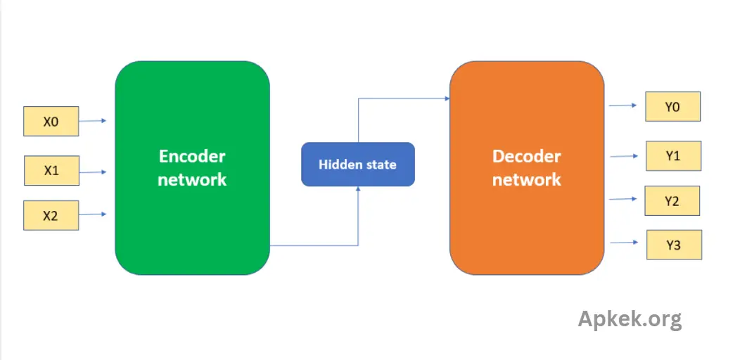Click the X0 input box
51,121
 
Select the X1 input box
51,170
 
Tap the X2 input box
51,216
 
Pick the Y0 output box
673,107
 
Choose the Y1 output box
673,155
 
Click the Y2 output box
672,201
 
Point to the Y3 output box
674,245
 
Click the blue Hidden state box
358,165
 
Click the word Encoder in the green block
192,156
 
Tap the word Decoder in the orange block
526,156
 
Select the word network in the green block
192,179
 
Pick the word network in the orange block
526,179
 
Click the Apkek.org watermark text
630,319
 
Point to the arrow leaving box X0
93,121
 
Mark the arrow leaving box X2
93,214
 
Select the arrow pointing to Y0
623,105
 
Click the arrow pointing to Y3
625,243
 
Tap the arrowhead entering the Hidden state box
358,188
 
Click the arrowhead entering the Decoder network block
447,98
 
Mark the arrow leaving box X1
93,172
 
